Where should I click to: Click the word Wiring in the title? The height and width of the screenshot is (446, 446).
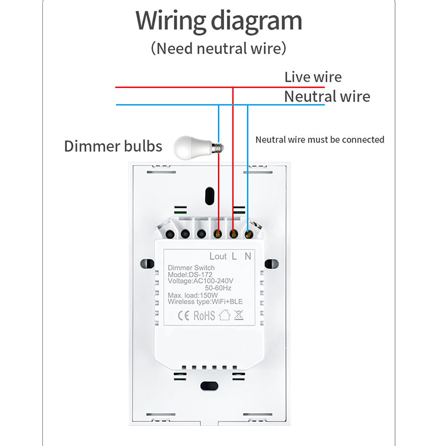[x=171, y=21]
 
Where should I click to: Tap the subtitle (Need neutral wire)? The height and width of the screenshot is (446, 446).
[x=219, y=49]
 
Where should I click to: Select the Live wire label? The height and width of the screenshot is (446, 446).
[x=313, y=77]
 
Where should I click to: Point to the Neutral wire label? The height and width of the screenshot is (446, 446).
[x=327, y=96]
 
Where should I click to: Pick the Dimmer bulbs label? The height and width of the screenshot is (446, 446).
[x=113, y=146]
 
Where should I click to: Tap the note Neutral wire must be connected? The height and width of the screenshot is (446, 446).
[x=319, y=139]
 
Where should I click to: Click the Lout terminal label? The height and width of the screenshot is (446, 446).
[x=218, y=256]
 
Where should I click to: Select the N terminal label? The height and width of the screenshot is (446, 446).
[x=249, y=256]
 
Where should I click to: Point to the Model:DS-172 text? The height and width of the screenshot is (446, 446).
[x=191, y=275]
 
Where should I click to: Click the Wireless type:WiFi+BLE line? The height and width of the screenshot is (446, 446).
[x=205, y=302]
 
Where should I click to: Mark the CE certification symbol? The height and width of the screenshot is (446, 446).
[x=184, y=316]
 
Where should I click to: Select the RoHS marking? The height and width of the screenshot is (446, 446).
[x=204, y=316]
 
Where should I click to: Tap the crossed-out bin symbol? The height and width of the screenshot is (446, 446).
[x=239, y=316]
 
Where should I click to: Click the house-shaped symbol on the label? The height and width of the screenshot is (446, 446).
[x=224, y=316]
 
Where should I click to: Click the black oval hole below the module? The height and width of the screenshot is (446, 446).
[x=210, y=385]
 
